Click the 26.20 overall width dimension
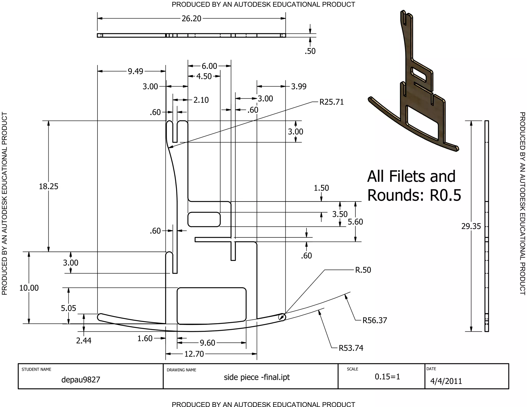coord(191,19)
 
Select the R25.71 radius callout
coord(331,102)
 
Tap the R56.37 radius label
coord(375,320)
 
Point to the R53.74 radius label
coord(351,348)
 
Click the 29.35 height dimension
coord(471,226)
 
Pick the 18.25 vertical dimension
coord(48,186)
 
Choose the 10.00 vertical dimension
coord(29,288)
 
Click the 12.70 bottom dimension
coord(194,354)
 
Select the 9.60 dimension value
coord(207,343)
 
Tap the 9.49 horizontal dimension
coord(135,71)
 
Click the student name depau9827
coord(81,380)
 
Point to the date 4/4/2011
coord(446,381)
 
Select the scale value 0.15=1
coord(387,377)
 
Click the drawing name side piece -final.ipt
coord(257,377)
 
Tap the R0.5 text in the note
coord(445,195)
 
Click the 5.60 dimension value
coord(355,222)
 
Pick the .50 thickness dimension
coord(310,51)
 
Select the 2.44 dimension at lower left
coord(84,341)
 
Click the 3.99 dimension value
coord(298,86)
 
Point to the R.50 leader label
coord(363,270)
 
